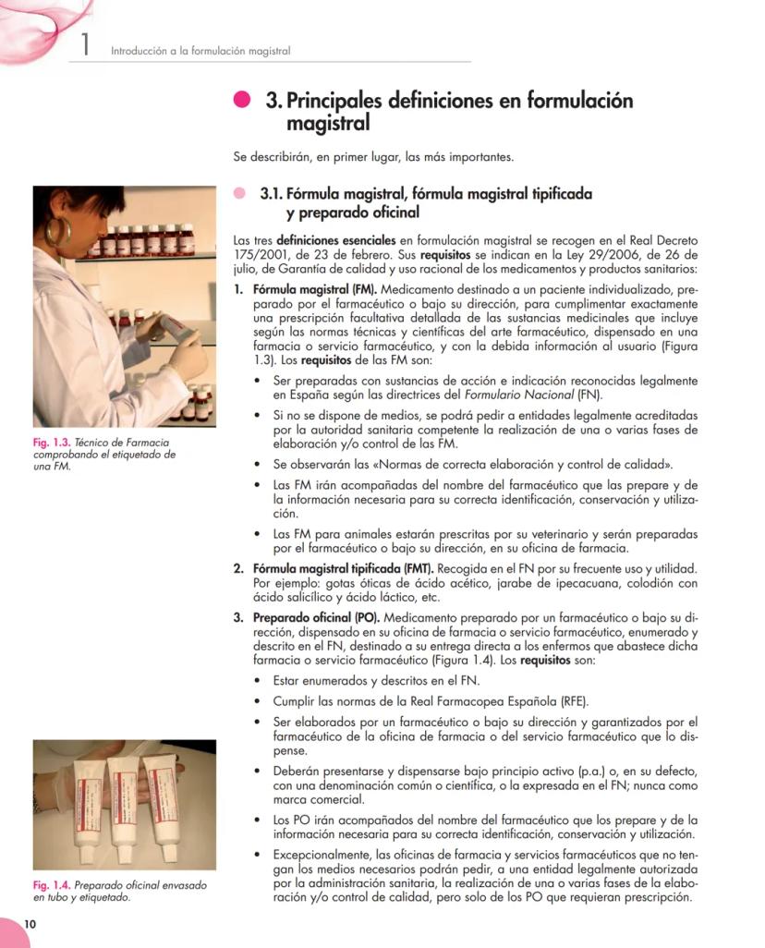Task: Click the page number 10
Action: coord(30,925)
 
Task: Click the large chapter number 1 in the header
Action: coord(84,43)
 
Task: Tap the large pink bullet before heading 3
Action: coord(243,101)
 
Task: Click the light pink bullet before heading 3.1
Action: coord(240,194)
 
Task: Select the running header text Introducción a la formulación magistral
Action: coord(200,51)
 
